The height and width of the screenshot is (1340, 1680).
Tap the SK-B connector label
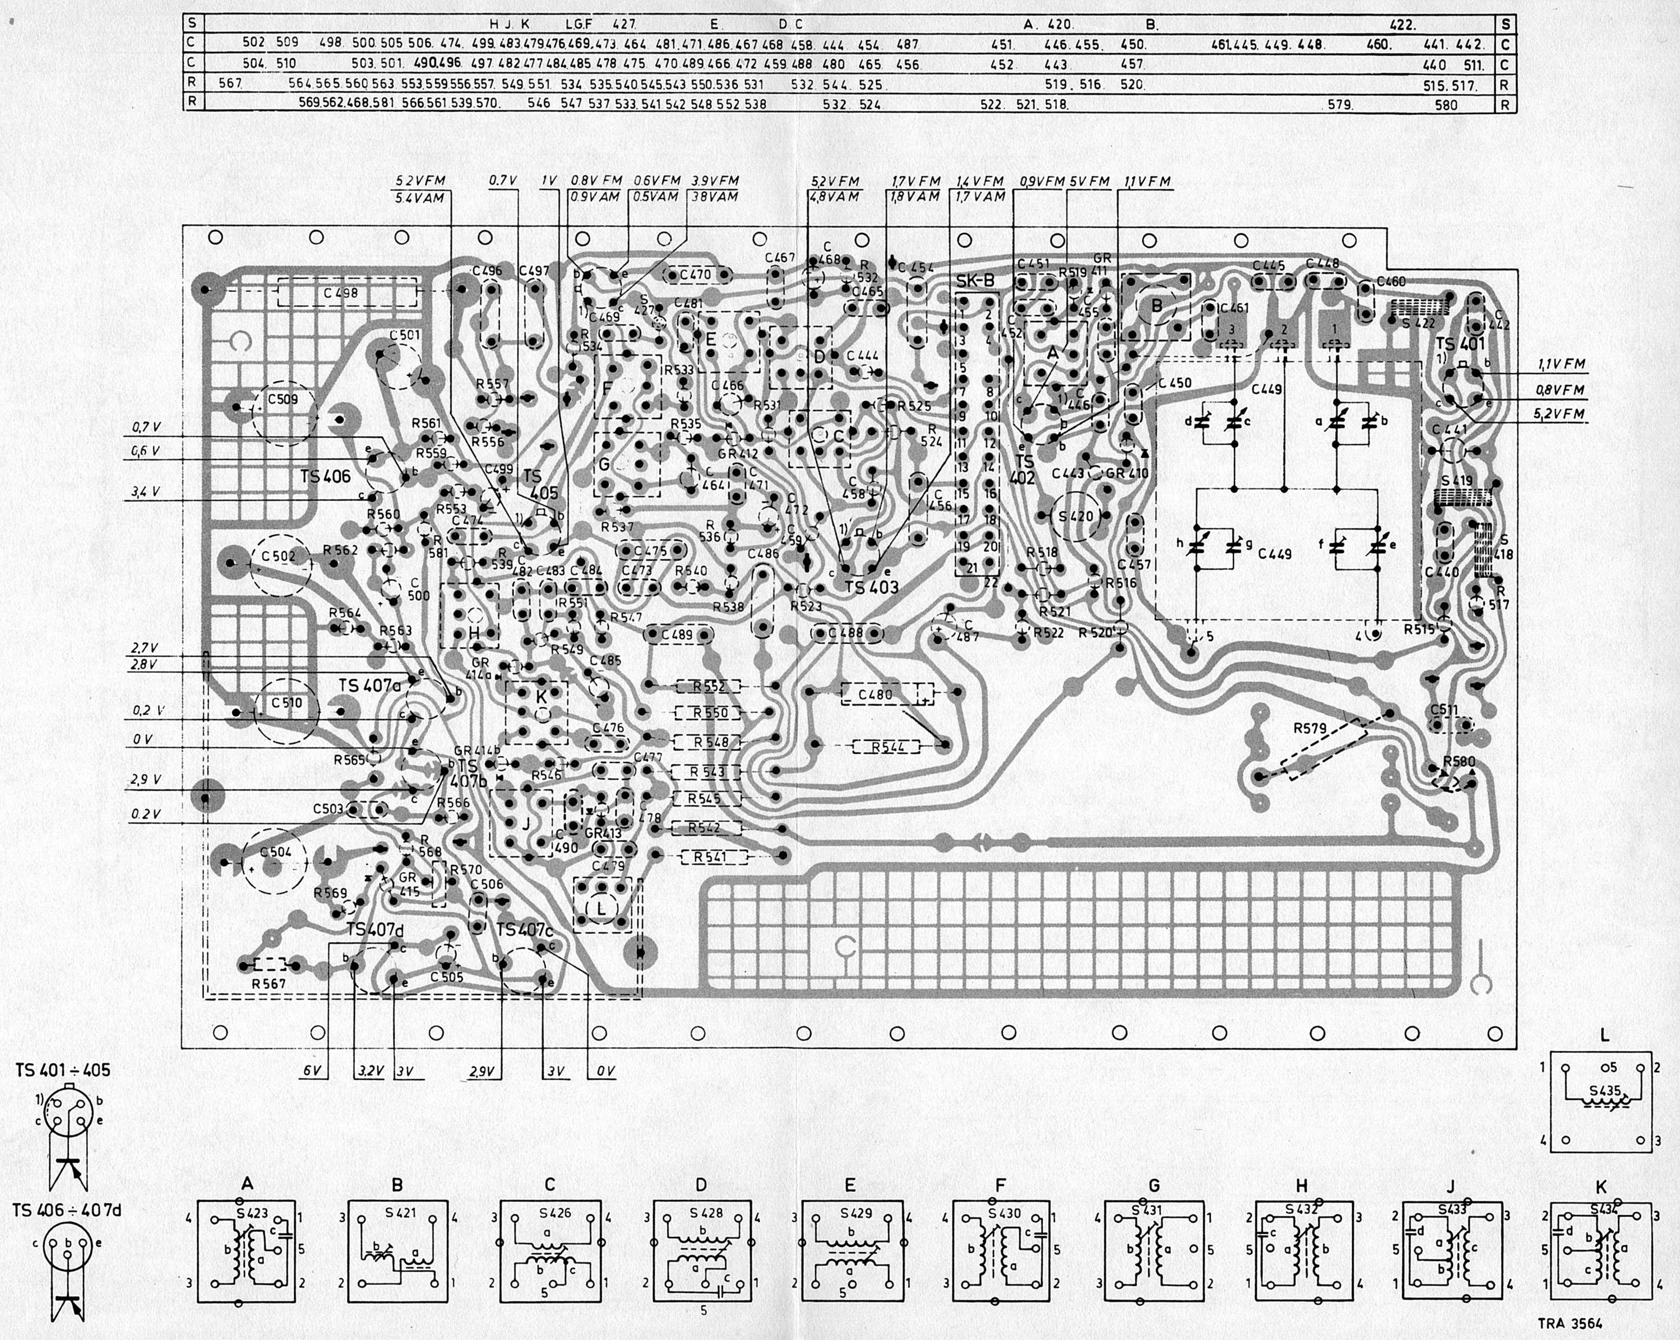pos(975,280)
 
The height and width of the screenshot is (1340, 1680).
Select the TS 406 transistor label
pos(325,476)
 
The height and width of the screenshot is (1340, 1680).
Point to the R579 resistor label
pos(1310,728)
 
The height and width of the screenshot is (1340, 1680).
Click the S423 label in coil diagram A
pos(253,1213)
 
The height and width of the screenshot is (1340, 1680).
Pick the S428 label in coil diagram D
pos(706,1213)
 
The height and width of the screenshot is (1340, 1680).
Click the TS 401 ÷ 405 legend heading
pos(62,1070)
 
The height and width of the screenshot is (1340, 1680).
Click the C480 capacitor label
pos(875,695)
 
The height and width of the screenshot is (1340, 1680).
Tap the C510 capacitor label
pos(286,702)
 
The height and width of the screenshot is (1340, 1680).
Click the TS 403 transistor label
pos(872,587)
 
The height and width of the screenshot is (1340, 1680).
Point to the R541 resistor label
pos(710,857)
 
